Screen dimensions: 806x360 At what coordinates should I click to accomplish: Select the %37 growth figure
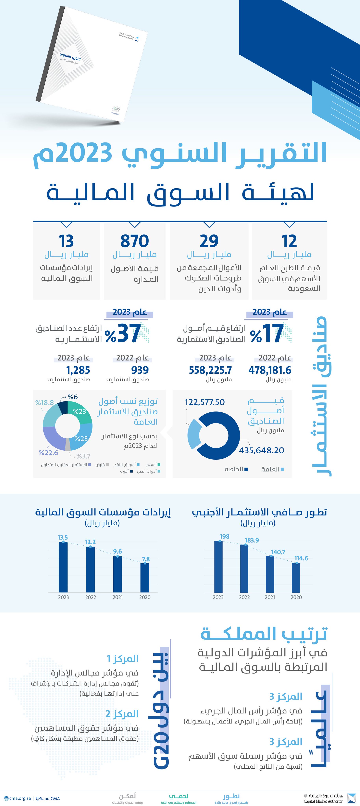click(x=123, y=334)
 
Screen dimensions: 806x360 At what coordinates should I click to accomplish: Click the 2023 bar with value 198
click(x=218, y=566)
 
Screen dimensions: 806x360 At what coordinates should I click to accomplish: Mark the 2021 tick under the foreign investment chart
click(x=270, y=597)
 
